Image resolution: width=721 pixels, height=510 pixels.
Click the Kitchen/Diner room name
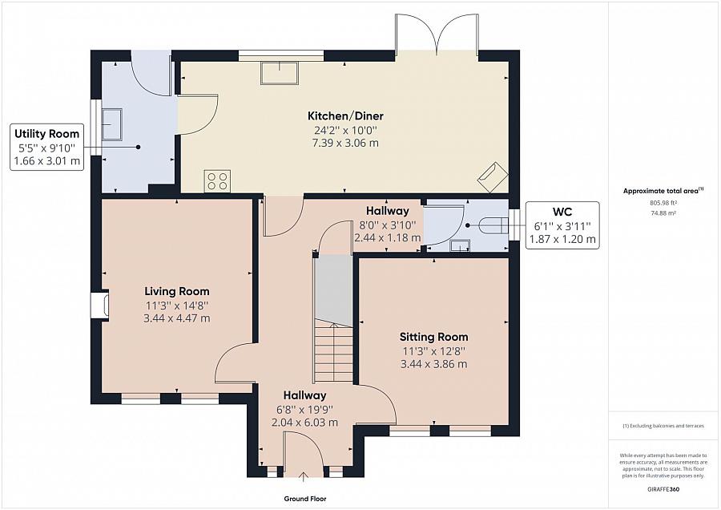click(x=345, y=115)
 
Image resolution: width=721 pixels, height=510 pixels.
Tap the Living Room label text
click(x=177, y=291)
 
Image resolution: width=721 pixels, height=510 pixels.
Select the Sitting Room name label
click(x=433, y=337)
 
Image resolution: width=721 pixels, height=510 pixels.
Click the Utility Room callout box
click(x=47, y=148)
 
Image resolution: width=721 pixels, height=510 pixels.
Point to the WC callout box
click(x=562, y=225)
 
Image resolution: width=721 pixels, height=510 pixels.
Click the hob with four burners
click(x=217, y=180)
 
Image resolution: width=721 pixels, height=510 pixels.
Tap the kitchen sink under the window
click(x=280, y=73)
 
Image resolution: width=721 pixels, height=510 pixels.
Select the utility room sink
click(x=111, y=124)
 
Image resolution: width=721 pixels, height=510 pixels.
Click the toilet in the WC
click(x=493, y=225)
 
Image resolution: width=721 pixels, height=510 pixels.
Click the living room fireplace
click(x=100, y=306)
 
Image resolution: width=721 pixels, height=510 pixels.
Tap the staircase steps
click(x=334, y=352)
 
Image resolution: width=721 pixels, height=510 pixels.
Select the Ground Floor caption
click(x=305, y=499)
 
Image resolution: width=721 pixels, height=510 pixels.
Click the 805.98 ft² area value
click(x=663, y=203)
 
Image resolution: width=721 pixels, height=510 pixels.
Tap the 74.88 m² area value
click(x=663, y=213)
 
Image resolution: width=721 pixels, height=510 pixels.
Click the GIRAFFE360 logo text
click(x=663, y=489)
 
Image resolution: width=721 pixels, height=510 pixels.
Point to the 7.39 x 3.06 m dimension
click(x=345, y=144)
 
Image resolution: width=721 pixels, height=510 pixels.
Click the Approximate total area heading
click(x=663, y=191)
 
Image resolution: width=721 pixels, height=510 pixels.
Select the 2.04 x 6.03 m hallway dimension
click(x=305, y=423)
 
